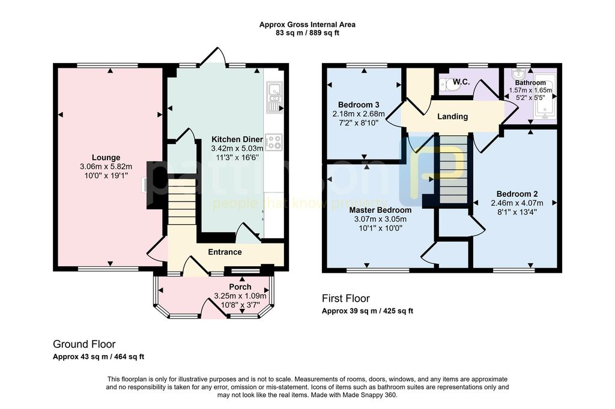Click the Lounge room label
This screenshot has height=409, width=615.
106,158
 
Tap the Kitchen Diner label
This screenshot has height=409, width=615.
237,140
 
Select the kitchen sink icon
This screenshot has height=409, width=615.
274,97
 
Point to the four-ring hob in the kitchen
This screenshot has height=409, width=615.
274,142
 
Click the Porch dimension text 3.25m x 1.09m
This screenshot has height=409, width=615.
240,296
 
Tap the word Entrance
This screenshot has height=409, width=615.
225,252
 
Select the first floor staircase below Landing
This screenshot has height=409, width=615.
453,170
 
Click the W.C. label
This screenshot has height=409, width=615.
461,82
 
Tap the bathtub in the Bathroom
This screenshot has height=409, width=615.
545,100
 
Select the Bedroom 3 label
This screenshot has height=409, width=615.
359,104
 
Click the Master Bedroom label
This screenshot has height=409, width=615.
375,210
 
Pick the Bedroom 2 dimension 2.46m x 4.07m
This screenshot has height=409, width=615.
517,203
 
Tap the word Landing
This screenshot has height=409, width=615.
453,116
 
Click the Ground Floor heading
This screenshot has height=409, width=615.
84,344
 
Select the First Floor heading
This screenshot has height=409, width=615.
346,299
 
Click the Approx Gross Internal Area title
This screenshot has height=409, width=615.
307,25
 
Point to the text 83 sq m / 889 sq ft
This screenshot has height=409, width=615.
307,33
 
